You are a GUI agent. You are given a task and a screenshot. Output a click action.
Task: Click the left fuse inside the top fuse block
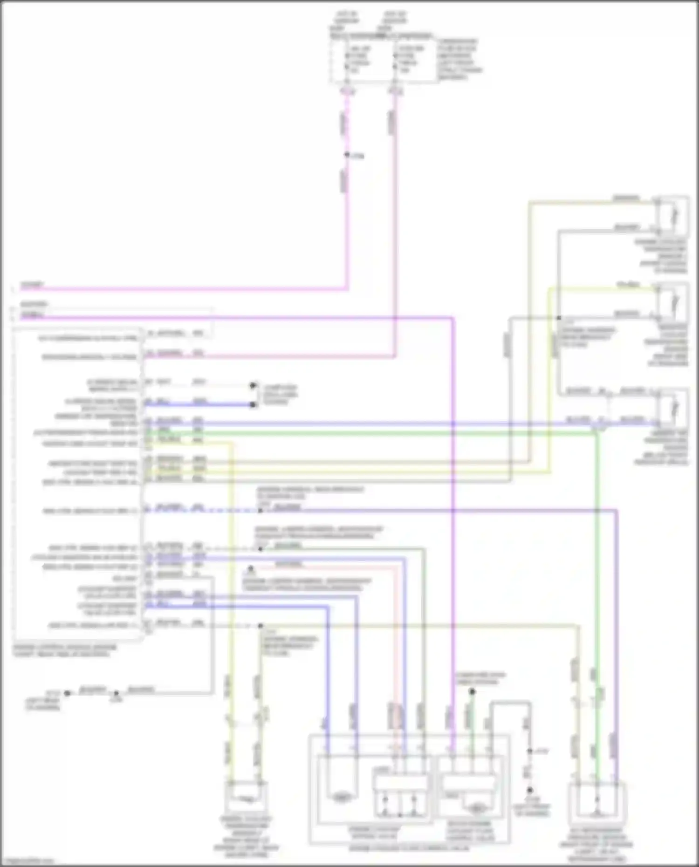[347, 60]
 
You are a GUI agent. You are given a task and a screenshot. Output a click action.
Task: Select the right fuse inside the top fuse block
[395, 60]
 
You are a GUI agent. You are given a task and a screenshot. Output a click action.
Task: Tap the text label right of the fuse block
[459, 59]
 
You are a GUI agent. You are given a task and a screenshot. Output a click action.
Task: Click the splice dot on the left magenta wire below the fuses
[347, 155]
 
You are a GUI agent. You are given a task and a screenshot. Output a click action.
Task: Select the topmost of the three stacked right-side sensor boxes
[672, 216]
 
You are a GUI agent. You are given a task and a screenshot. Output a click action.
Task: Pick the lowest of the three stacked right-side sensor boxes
[672, 407]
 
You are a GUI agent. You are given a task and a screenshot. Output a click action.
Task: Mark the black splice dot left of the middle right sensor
[559, 318]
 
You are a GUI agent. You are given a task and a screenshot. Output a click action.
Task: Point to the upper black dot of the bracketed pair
[253, 385]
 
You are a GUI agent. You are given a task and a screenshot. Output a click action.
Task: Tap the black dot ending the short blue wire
[253, 404]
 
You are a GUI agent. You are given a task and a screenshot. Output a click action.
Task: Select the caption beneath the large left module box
[65, 650]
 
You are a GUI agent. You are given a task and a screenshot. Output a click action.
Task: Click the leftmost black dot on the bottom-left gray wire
[68, 693]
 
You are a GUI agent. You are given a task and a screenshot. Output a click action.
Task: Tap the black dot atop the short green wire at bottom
[472, 691]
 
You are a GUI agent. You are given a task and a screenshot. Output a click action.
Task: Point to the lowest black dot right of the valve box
[529, 790]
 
